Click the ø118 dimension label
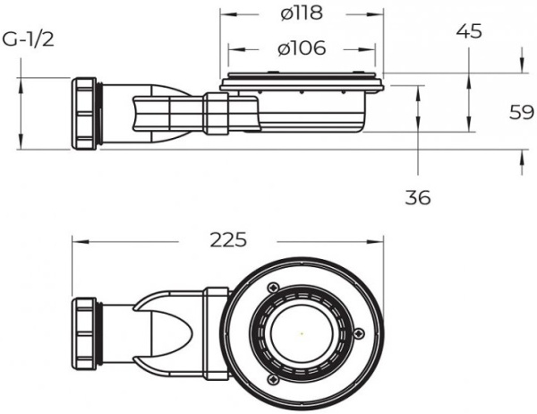(x=300, y=14)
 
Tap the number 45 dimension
(x=468, y=31)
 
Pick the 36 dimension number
(x=418, y=197)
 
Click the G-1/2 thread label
(x=24, y=40)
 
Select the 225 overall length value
(x=228, y=239)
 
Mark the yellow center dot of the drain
(x=303, y=334)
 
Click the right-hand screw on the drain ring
(x=359, y=333)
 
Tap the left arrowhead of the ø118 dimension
(x=224, y=15)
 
